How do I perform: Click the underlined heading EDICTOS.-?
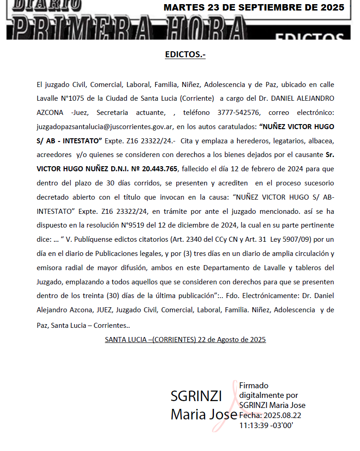click(185, 55)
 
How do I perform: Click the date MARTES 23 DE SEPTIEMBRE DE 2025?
click(254, 8)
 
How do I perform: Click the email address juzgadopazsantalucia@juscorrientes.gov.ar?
click(105, 126)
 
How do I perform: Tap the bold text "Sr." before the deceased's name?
click(330, 155)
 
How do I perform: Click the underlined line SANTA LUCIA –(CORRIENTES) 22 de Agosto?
click(185, 340)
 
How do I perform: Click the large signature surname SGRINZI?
click(196, 396)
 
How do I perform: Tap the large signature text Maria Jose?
click(203, 414)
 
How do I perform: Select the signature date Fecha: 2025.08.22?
click(270, 415)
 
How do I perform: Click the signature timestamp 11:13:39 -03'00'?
click(266, 425)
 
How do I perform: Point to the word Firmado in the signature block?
click(254, 386)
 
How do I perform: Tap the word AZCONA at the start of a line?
click(50, 112)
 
